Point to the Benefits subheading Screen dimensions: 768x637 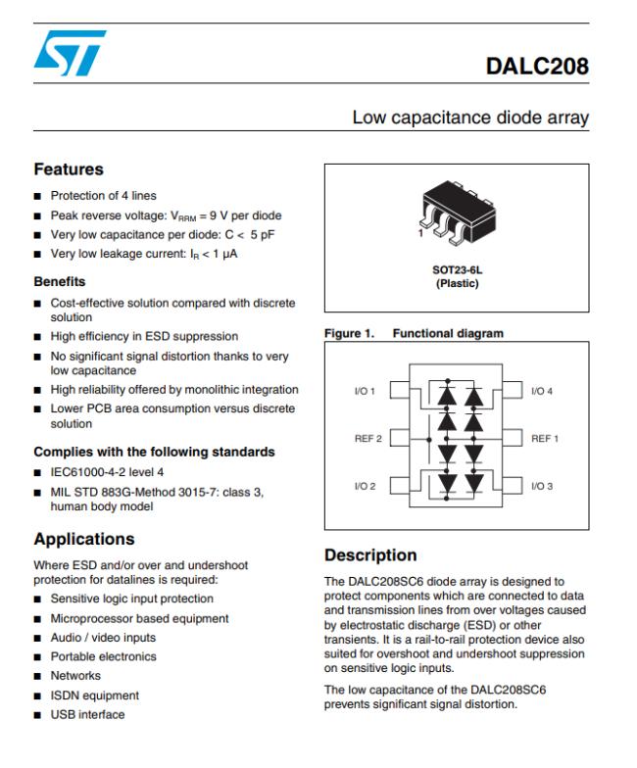click(x=61, y=281)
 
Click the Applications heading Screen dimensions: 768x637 click(x=84, y=539)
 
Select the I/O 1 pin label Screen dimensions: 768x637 click(x=366, y=392)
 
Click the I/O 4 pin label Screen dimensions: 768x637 click(x=542, y=392)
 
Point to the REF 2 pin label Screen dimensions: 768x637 click(x=367, y=437)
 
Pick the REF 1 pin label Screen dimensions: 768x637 click(x=544, y=437)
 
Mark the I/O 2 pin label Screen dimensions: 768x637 click(x=366, y=485)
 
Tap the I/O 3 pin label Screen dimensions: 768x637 click(x=542, y=485)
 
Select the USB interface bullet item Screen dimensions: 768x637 click(x=87, y=712)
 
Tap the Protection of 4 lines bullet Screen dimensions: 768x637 click(x=103, y=195)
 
